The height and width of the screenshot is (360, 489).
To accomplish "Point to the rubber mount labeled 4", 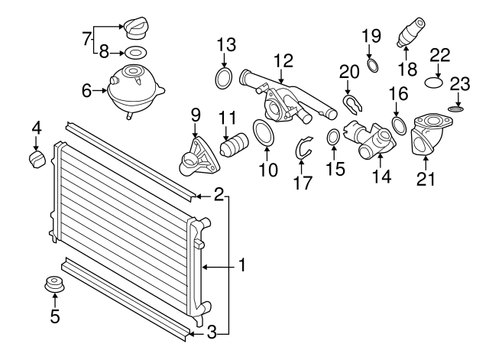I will pyautogui.click(x=35, y=161).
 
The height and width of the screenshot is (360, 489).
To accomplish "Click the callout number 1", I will pyautogui.click(x=241, y=267).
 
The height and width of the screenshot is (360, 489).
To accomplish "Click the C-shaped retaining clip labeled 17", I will pyautogui.click(x=304, y=148).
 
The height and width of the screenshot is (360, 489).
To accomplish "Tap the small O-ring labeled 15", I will pyautogui.click(x=334, y=138).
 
